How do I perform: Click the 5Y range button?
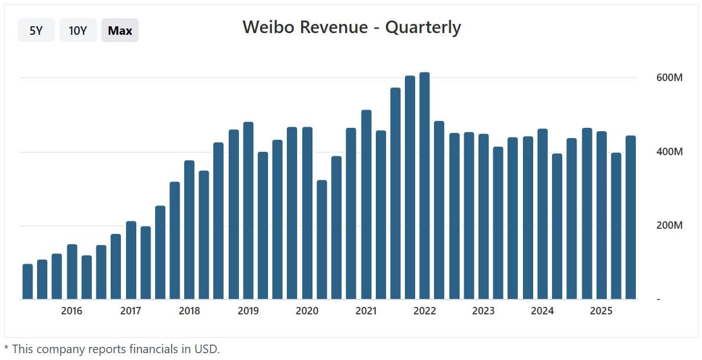click(x=36, y=31)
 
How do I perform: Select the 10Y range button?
click(x=78, y=31)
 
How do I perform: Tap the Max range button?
click(x=120, y=31)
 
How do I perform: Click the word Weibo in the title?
click(x=266, y=27)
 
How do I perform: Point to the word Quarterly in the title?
click(x=423, y=27)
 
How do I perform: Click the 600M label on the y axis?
click(x=669, y=78)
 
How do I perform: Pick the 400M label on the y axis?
click(x=669, y=152)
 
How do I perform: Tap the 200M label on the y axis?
click(x=669, y=225)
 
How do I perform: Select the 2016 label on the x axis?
click(x=71, y=311)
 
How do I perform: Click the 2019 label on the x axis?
click(x=248, y=311)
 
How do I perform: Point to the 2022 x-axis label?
click(x=424, y=311)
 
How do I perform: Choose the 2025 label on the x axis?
click(x=601, y=311)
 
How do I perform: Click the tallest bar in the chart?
click(x=424, y=185)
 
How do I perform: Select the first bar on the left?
click(x=27, y=281)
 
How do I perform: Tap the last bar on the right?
click(x=630, y=217)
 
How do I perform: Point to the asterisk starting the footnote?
click(x=7, y=347)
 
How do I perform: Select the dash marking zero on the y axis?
click(x=659, y=300)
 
